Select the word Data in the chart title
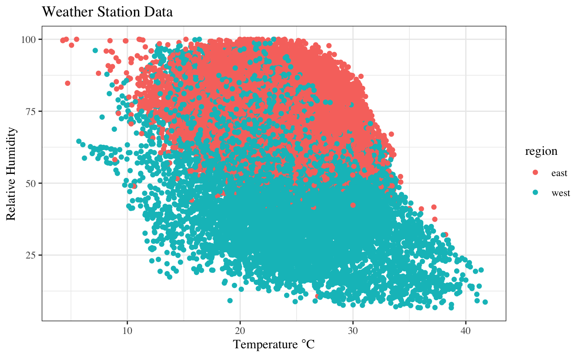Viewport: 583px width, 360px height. tap(160, 12)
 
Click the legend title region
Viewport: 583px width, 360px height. tap(541, 151)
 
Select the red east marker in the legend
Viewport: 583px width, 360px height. tap(535, 173)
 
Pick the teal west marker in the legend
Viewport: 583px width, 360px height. tap(535, 193)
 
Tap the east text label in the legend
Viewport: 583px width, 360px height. tap(559, 173)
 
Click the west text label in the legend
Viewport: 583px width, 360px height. tap(560, 193)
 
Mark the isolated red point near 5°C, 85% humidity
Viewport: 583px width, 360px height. tap(68, 83)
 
